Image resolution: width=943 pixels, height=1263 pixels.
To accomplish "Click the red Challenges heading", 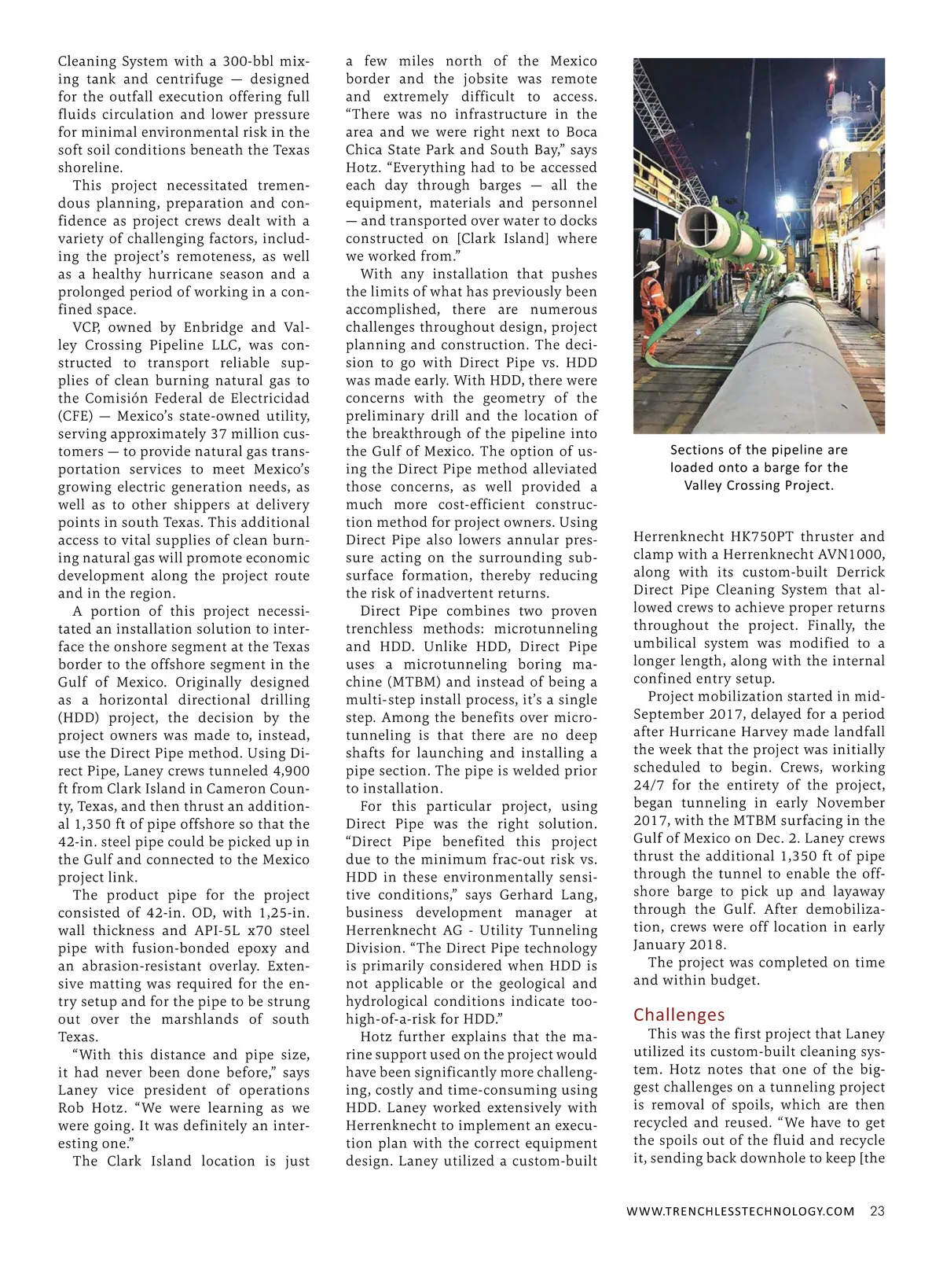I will pyautogui.click(x=679, y=1014).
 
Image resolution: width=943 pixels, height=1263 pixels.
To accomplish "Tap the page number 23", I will pyautogui.click(x=877, y=1211).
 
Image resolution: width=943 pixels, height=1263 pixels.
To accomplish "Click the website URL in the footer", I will pyautogui.click(x=740, y=1211).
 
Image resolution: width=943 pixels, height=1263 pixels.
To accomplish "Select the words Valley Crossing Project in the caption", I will pyautogui.click(x=758, y=485).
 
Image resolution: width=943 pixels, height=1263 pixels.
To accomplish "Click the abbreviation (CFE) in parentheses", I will pyautogui.click(x=75, y=416).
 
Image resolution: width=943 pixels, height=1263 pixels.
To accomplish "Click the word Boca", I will pyautogui.click(x=582, y=132).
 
